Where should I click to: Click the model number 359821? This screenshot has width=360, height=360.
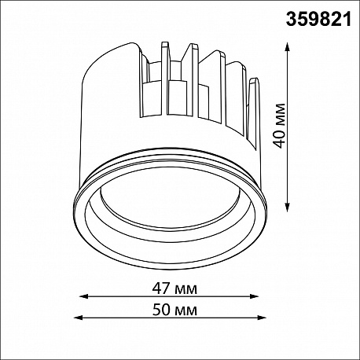point(318,19)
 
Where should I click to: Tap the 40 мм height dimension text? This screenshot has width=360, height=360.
point(278,126)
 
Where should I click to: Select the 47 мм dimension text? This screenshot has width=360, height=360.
point(174,288)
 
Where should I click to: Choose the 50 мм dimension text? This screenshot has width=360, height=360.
point(174,310)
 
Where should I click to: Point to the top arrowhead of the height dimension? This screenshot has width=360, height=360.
point(288,46)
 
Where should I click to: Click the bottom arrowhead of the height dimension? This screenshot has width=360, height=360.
point(288,207)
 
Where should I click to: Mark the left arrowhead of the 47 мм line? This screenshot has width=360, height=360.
point(83,296)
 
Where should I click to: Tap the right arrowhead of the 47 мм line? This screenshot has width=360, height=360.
point(254,296)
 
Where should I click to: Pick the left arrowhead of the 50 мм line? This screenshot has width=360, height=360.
point(79,318)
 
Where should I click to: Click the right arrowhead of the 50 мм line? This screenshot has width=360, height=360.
point(262,318)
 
